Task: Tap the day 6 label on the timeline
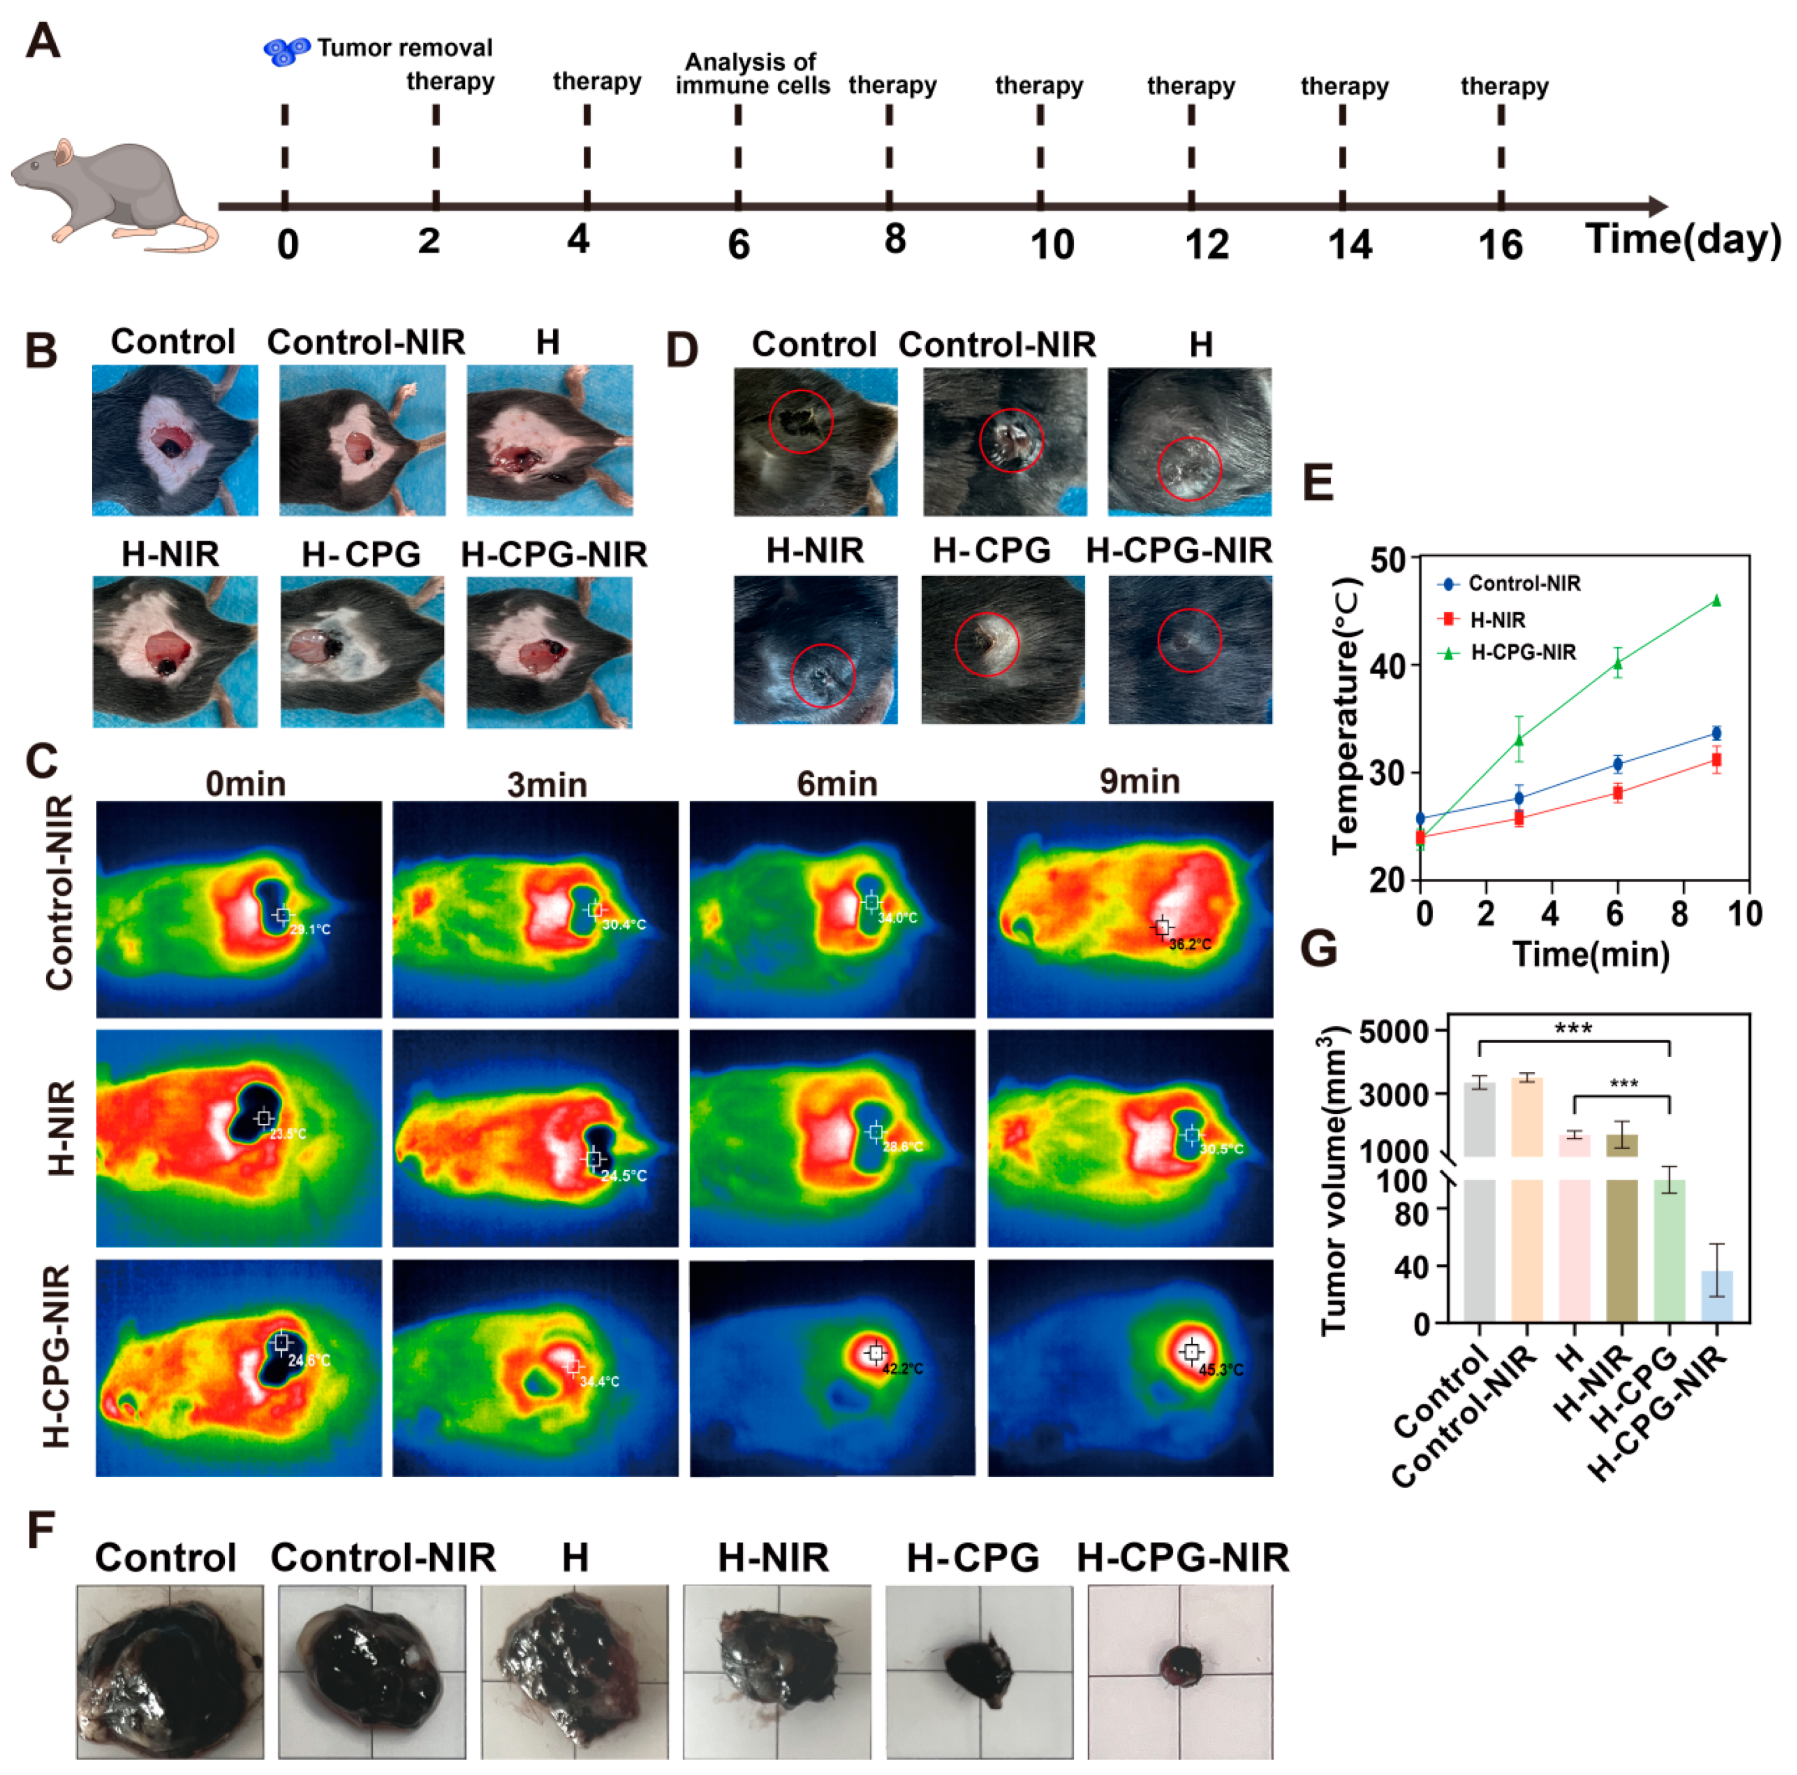pos(739,244)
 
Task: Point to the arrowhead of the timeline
pos(1656,207)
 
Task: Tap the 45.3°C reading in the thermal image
pos(1221,1369)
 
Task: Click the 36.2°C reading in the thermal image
pos(1190,944)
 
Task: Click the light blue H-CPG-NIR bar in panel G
pos(1717,1296)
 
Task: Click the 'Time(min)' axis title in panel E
pos(1590,954)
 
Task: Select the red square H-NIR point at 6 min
pos(1618,793)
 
